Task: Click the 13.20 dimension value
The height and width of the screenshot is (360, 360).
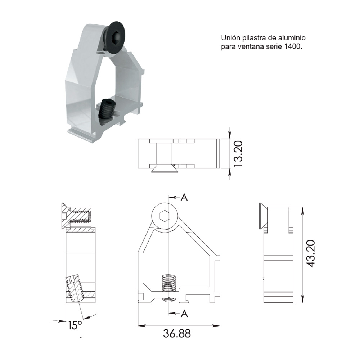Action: click(238, 153)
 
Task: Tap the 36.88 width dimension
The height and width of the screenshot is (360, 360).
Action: click(177, 333)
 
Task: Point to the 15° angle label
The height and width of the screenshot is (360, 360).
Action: click(75, 325)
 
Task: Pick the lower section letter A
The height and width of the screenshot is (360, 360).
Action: click(184, 314)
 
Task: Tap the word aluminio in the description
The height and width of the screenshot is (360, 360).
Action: click(293, 38)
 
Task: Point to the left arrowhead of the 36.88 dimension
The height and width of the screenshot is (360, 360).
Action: click(141, 326)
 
